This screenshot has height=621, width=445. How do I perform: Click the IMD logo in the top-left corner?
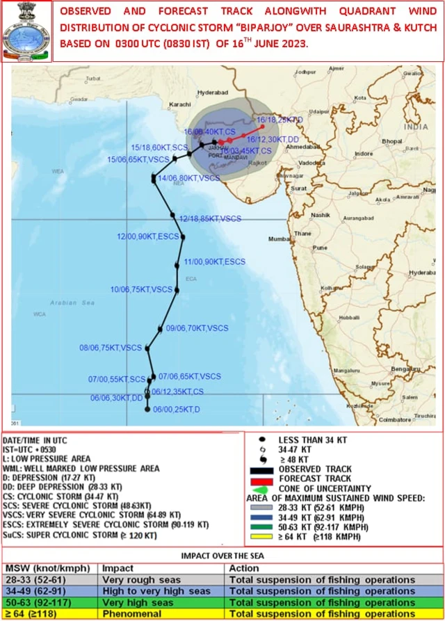26,32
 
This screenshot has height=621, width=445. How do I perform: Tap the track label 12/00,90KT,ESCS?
148,236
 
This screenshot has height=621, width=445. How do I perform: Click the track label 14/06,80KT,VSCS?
189,178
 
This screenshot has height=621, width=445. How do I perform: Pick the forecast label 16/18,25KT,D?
280,120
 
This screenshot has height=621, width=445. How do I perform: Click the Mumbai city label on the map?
280,239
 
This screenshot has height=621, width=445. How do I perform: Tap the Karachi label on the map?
181,104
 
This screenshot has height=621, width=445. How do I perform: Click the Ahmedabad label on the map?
303,148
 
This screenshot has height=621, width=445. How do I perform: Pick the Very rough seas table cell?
141,580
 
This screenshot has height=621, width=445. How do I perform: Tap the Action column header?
244,568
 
